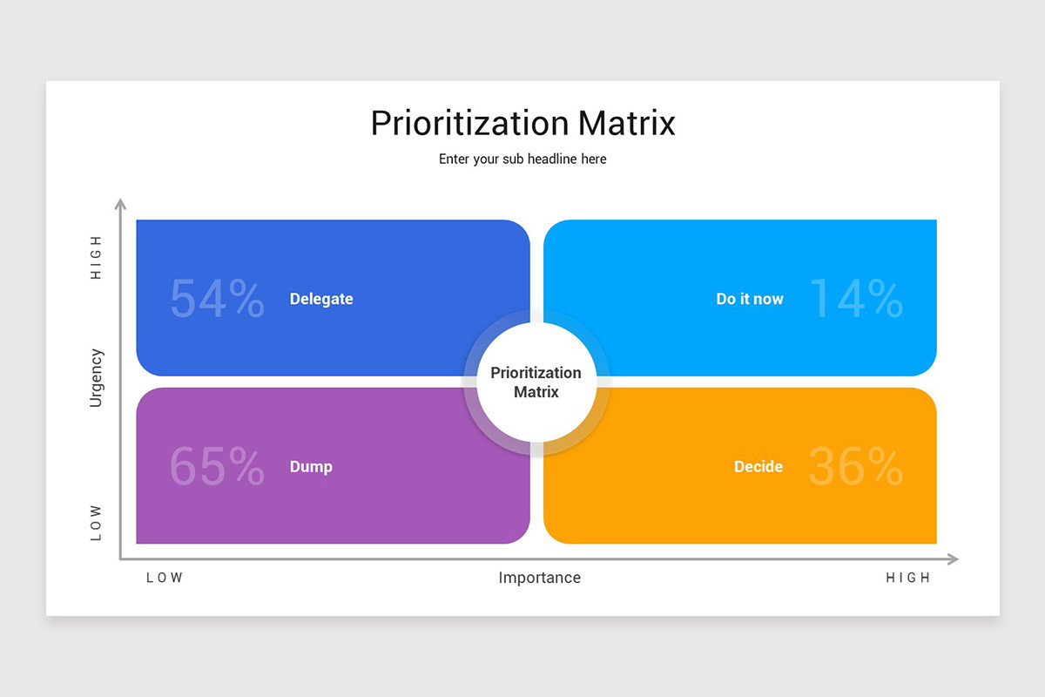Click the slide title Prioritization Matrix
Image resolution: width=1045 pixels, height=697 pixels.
(522, 123)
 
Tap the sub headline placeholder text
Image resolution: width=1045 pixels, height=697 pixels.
(522, 159)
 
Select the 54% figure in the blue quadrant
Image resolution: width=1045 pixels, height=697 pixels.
(217, 299)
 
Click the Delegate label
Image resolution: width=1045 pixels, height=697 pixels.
(321, 299)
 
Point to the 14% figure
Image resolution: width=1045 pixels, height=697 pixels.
(856, 299)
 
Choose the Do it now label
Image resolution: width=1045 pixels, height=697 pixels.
(750, 299)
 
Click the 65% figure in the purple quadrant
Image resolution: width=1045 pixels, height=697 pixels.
(217, 467)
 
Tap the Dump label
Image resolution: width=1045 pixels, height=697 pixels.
(311, 467)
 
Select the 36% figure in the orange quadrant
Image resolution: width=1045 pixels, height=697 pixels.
(856, 467)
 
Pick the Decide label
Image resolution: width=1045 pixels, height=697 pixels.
(758, 467)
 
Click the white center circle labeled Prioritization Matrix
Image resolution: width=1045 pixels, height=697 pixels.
(536, 382)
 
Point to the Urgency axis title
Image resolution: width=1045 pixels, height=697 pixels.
(96, 378)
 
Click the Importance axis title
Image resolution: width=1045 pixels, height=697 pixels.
(539, 578)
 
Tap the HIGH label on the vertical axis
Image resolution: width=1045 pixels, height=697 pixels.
(96, 257)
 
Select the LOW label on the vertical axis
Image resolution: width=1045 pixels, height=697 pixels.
(96, 523)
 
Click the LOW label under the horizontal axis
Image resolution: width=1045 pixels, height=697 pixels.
(165, 578)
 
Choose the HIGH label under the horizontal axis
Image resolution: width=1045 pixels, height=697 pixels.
(908, 578)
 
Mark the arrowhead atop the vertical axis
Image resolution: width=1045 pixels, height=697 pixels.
(121, 205)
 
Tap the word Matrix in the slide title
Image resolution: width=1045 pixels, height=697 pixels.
(626, 123)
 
